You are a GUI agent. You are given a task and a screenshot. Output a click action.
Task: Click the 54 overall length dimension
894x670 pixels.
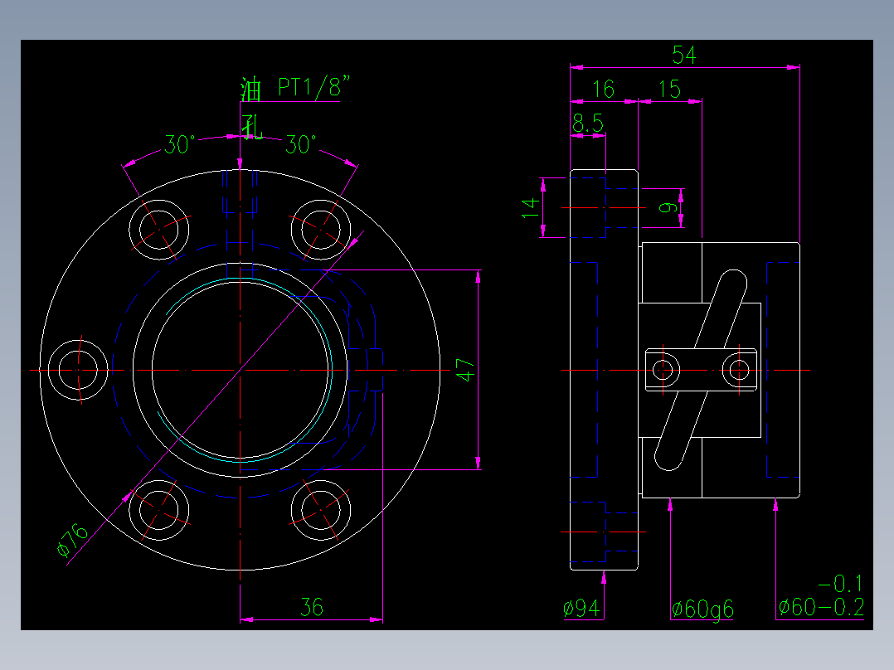point(684,56)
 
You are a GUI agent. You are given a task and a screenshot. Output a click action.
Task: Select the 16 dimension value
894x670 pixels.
point(605,90)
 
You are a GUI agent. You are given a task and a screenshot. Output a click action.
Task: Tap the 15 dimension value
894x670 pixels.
point(668,90)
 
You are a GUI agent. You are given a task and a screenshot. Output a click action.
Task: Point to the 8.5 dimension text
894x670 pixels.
point(587,124)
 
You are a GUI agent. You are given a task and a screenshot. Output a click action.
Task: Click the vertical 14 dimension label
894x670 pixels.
point(530,207)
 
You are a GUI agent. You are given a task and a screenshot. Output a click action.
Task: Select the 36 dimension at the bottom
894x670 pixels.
point(311,608)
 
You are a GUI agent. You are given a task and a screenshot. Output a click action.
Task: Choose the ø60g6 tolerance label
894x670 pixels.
point(702,609)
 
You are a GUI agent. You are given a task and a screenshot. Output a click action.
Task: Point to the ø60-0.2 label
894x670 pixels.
point(821,609)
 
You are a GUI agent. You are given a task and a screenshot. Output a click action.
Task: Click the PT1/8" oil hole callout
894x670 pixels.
point(314,87)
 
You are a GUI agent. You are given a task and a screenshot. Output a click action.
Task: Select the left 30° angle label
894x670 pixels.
point(179,145)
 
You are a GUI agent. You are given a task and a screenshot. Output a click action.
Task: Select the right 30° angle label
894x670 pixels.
point(300,145)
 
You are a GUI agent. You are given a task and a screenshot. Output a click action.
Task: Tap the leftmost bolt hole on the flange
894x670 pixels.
point(79,370)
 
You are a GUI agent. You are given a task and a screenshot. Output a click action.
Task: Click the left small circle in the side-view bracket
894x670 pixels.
point(663,369)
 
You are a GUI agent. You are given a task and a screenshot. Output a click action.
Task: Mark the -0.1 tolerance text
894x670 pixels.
point(840,583)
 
